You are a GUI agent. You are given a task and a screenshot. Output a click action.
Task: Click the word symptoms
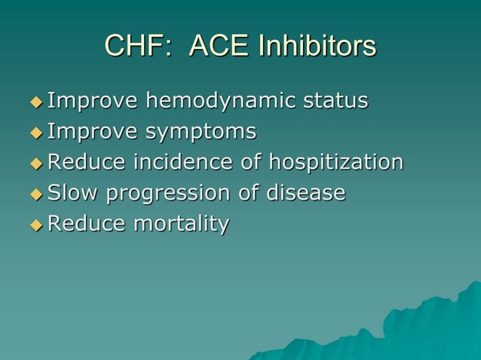(x=201, y=133)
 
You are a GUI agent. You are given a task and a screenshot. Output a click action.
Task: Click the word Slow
(x=73, y=193)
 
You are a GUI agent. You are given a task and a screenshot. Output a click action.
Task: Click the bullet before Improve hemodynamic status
(x=35, y=102)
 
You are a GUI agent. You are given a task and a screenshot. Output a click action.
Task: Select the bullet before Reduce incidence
(x=35, y=163)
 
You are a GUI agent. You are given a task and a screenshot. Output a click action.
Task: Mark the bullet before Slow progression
(x=35, y=194)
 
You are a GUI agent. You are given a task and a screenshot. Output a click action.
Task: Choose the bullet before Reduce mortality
(x=35, y=225)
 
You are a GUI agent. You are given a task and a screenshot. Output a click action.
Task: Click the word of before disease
(x=250, y=193)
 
